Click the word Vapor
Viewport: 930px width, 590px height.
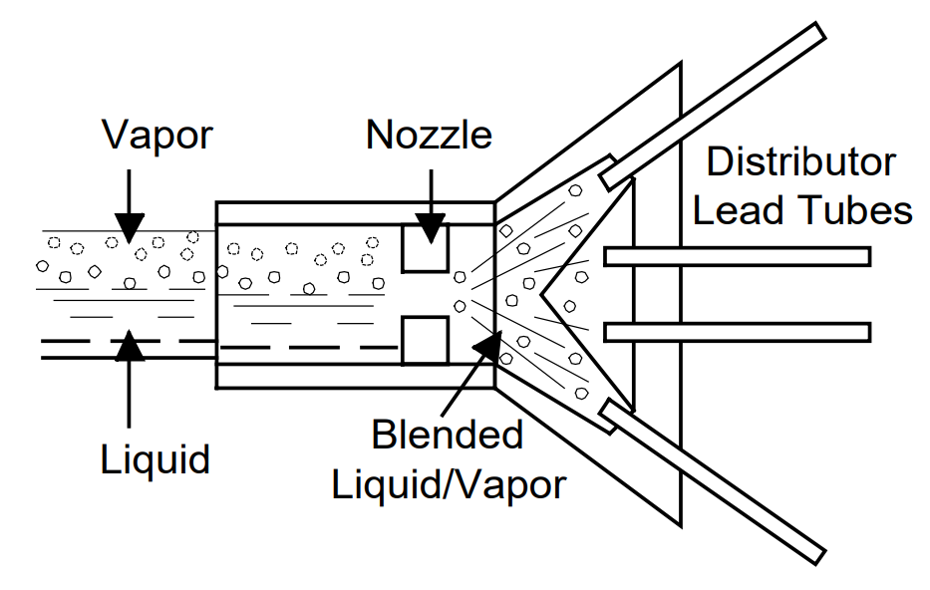pos(157,136)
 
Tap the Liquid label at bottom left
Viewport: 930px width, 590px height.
pos(155,459)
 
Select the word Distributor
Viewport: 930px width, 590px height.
pos(801,161)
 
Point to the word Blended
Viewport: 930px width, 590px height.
pos(447,436)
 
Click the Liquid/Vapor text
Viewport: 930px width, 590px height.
pos(449,484)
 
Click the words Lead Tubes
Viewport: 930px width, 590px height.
pos(802,211)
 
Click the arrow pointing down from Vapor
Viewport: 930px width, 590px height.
pos(129,199)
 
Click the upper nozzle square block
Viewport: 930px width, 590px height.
pos(425,247)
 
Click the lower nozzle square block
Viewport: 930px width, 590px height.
pos(425,341)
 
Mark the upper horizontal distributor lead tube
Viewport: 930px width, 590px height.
pos(738,256)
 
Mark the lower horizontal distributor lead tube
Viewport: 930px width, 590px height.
pos(738,331)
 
